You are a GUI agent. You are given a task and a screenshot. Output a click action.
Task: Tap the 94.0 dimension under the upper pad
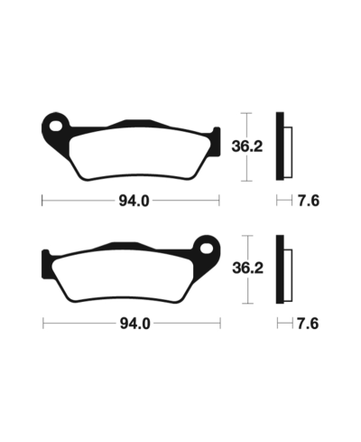132,201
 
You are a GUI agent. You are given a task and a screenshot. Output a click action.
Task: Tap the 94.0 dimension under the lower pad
132,323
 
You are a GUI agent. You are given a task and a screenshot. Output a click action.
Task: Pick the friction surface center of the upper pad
132,150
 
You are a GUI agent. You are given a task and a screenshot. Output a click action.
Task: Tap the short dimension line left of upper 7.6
282,201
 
